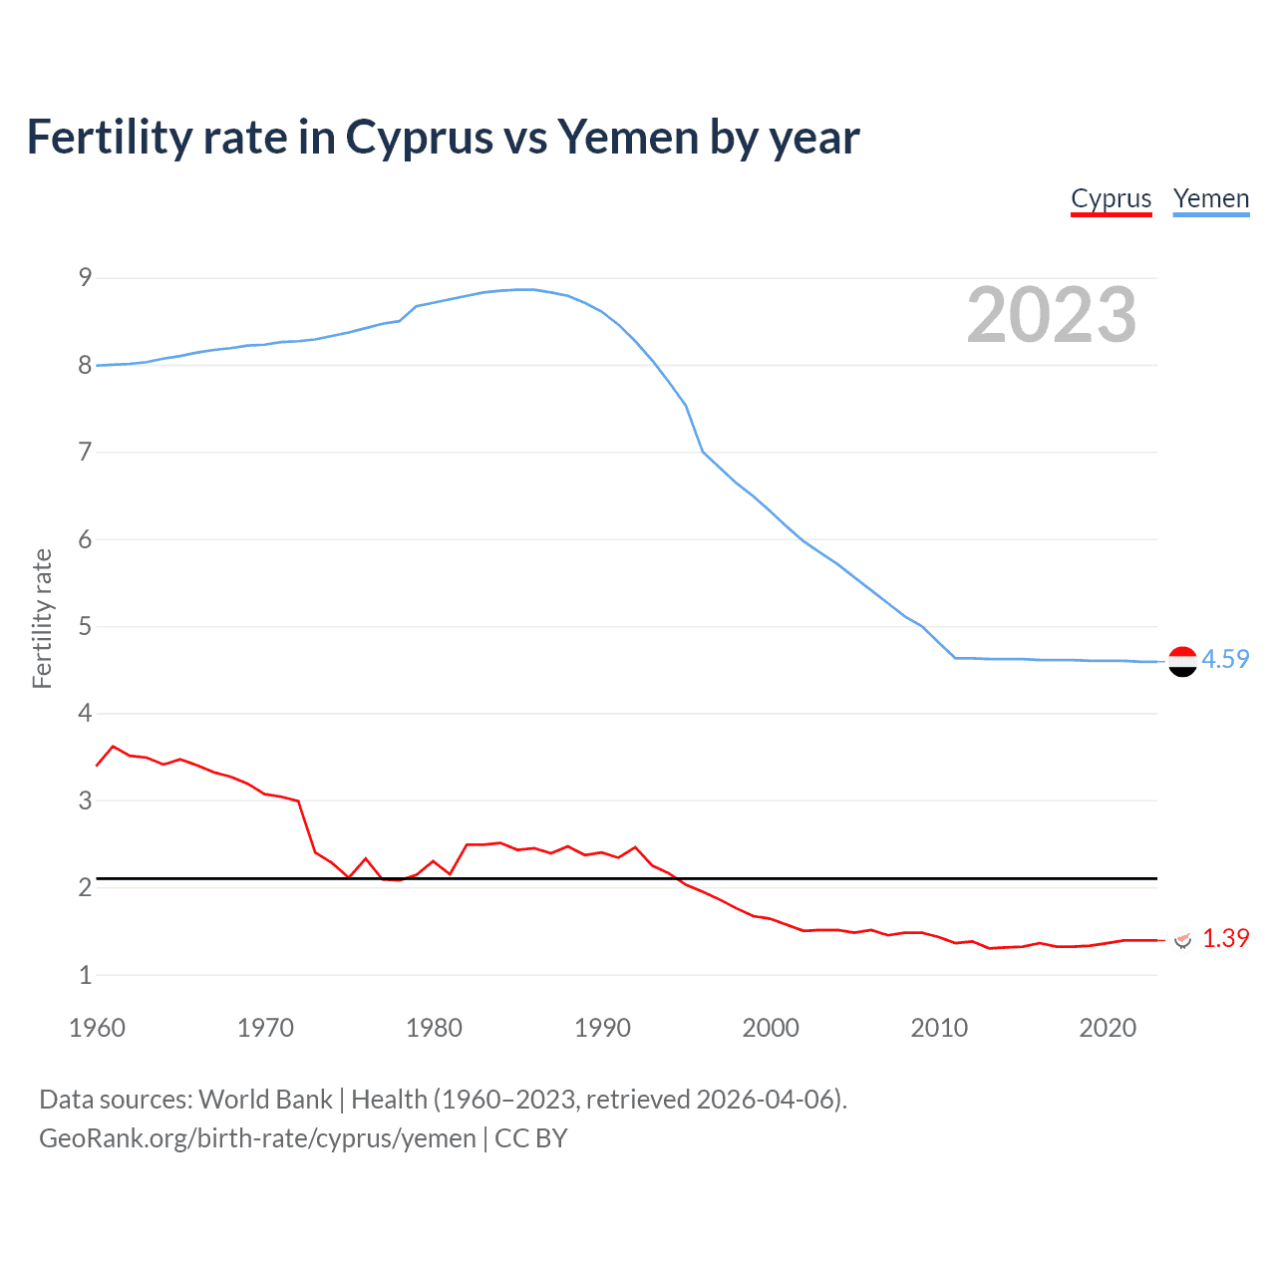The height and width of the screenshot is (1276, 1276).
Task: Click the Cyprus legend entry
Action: tap(1111, 199)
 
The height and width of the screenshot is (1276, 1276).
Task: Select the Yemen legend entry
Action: tap(1210, 199)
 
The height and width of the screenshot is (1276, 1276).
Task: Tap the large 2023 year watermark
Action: tap(1052, 315)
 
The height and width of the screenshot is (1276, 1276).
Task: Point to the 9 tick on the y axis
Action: tap(86, 278)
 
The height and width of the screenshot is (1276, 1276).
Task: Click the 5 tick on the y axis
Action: tap(86, 627)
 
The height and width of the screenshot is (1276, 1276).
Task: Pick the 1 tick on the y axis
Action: tap(86, 975)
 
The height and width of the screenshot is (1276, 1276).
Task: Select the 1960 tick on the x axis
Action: tap(97, 1028)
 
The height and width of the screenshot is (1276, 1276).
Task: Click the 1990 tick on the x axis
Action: tap(602, 1028)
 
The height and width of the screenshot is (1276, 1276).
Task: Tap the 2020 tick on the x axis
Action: tap(1108, 1028)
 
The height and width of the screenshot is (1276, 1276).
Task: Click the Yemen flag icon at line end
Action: tap(1182, 661)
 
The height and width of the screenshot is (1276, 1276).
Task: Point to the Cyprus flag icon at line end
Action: tap(1183, 940)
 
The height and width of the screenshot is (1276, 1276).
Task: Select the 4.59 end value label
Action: tap(1225, 660)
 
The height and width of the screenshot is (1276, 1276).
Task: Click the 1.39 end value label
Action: tap(1225, 939)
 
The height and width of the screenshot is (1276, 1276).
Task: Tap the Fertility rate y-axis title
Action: tap(42, 618)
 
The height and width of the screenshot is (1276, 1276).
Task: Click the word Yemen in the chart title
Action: tap(627, 138)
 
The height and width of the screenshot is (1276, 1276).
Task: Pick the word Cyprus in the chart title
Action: tap(419, 138)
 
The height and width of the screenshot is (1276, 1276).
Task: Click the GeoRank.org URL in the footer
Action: tap(257, 1138)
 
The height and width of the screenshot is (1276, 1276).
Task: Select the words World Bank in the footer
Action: tap(265, 1100)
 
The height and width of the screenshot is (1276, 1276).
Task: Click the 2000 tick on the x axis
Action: tap(771, 1028)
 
